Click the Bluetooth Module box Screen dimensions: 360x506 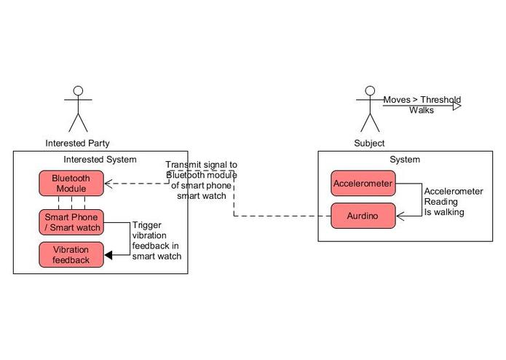point(71,184)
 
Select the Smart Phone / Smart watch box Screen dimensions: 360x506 point(71,222)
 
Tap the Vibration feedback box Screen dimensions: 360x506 point(71,255)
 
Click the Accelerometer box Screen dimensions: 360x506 point(363,184)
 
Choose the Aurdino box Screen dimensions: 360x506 point(363,216)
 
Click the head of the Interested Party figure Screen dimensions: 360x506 point(78,91)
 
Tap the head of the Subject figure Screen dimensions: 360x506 point(370,91)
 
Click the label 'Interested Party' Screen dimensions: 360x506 point(78,143)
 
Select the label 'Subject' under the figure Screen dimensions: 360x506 point(369,143)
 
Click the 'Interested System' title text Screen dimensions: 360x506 point(100,160)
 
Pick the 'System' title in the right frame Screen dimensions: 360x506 point(405,160)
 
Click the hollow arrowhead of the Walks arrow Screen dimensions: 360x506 point(456,106)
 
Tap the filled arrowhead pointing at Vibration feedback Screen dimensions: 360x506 point(108,255)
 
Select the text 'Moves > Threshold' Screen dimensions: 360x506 point(422,100)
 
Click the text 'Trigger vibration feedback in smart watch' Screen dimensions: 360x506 point(157,240)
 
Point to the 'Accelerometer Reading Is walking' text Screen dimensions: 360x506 point(453,202)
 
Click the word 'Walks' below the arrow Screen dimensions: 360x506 point(421,111)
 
